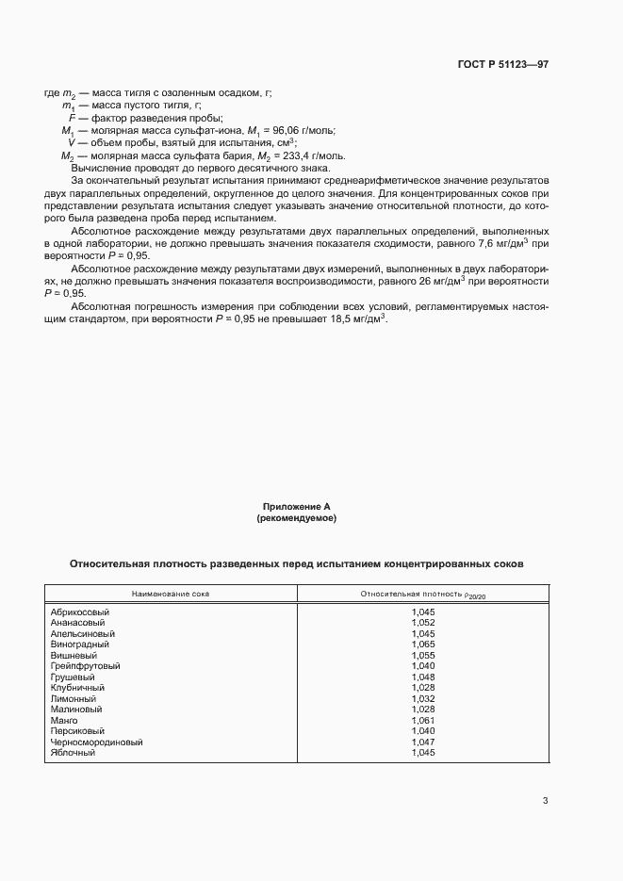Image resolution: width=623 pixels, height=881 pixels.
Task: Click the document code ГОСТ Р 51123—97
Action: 503,65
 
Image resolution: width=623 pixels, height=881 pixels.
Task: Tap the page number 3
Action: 545,801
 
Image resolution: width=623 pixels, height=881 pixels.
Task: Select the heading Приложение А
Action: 296,507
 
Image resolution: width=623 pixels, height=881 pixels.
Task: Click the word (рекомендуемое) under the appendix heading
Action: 296,519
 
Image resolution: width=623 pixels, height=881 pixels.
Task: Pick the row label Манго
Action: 64,720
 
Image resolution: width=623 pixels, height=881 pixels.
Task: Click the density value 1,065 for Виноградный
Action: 423,644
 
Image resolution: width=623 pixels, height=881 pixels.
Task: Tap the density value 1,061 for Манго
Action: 423,720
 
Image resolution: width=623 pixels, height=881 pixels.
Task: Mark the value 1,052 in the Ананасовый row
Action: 423,623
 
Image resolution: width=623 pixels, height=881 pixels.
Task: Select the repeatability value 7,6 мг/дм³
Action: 506,243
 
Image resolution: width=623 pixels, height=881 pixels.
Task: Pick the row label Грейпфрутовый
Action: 85,666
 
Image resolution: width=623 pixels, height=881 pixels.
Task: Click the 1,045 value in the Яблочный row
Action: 423,752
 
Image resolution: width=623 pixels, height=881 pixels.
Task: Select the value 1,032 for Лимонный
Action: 423,698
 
